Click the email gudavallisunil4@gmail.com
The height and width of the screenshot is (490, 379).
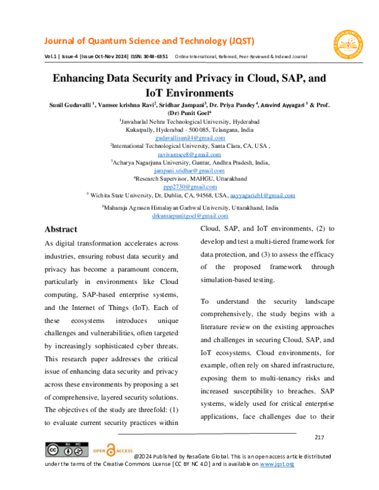[190, 136]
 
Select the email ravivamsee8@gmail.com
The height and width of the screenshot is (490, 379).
[190, 153]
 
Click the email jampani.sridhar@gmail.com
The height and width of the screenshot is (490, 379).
[190, 170]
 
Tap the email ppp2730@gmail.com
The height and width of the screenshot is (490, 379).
[190, 187]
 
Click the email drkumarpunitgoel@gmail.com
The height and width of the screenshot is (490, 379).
[190, 215]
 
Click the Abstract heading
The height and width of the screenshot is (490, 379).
[61, 229]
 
